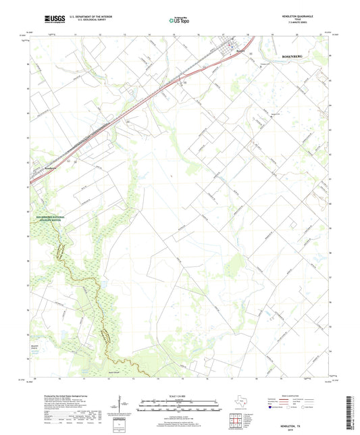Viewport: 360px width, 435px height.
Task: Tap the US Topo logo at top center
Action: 178,20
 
